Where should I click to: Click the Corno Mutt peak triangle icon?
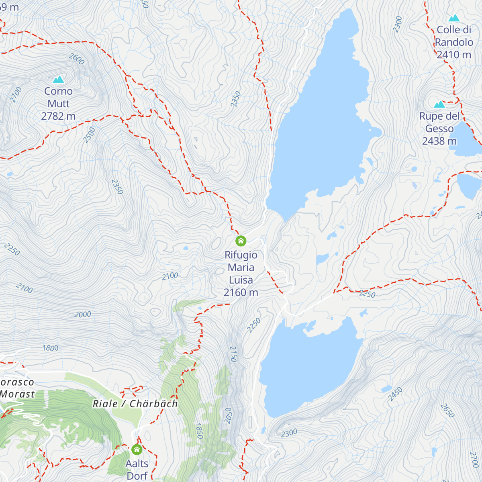pyautogui.click(x=59, y=80)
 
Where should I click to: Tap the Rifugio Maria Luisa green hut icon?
pyautogui.click(x=241, y=241)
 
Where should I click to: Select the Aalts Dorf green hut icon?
pyautogui.click(x=137, y=449)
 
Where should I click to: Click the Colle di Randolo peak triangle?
pyautogui.click(x=454, y=18)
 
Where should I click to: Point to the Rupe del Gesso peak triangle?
pyautogui.click(x=439, y=104)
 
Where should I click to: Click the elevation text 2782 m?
pyautogui.click(x=58, y=116)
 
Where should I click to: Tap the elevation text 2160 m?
pyautogui.click(x=241, y=292)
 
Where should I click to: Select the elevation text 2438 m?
pyautogui.click(x=439, y=141)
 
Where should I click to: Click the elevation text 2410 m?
pyautogui.click(x=453, y=55)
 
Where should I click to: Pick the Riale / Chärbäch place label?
pyautogui.click(x=135, y=404)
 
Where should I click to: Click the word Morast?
pyautogui.click(x=17, y=394)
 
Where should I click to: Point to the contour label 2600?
pyautogui.click(x=76, y=59)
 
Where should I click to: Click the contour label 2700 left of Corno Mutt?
pyautogui.click(x=16, y=95)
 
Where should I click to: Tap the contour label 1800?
pyautogui.click(x=51, y=348)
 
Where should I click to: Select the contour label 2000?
pyautogui.click(x=82, y=315)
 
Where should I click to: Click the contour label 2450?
pyautogui.click(x=395, y=394)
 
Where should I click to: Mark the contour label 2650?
pyautogui.click(x=447, y=411)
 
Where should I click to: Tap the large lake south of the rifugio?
pyautogui.click(x=309, y=366)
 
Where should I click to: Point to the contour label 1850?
pyautogui.click(x=199, y=431)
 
